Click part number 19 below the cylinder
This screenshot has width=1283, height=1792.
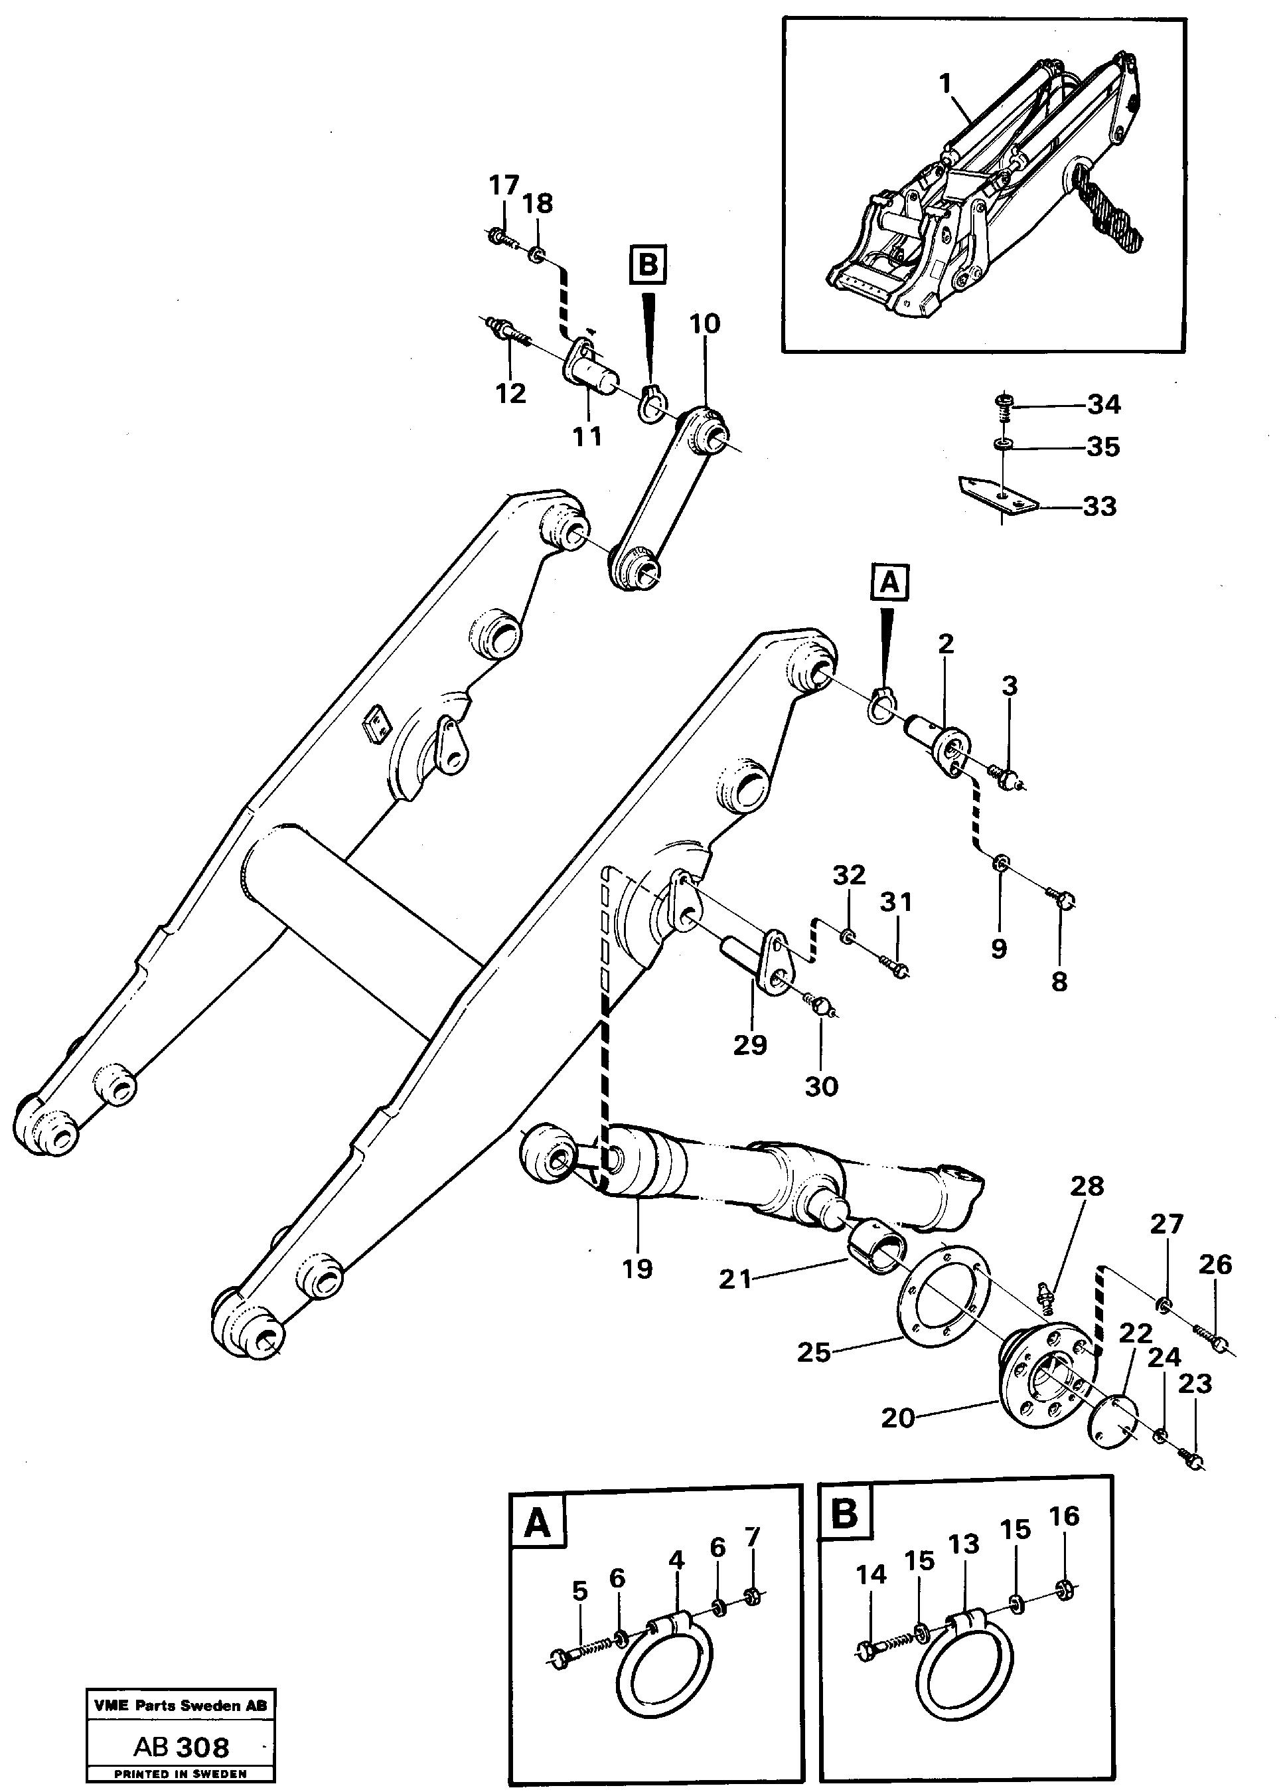tap(637, 1269)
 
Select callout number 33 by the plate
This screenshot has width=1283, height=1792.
tap(1099, 506)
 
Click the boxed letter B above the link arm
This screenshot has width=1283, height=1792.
tap(647, 265)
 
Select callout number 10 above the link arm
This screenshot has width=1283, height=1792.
tap(705, 324)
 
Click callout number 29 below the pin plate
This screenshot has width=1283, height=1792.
tap(750, 1044)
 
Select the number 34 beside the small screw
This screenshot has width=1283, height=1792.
tap(1104, 404)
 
